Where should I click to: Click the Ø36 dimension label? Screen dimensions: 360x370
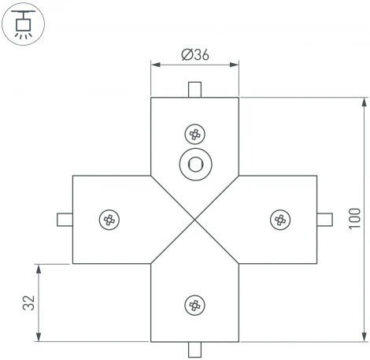[194, 54]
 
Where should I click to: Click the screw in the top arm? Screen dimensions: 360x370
[194, 134]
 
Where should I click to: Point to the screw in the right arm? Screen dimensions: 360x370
[279, 219]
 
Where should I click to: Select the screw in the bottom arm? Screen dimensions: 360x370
[194, 304]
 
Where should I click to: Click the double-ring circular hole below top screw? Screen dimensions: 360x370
[194, 165]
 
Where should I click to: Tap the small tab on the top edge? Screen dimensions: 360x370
[194, 90]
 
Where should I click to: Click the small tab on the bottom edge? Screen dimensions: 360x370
[194, 349]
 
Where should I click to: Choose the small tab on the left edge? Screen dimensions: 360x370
[64, 219]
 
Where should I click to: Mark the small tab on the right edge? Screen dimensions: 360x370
[324, 219]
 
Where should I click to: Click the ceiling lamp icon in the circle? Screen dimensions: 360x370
[23, 23]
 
